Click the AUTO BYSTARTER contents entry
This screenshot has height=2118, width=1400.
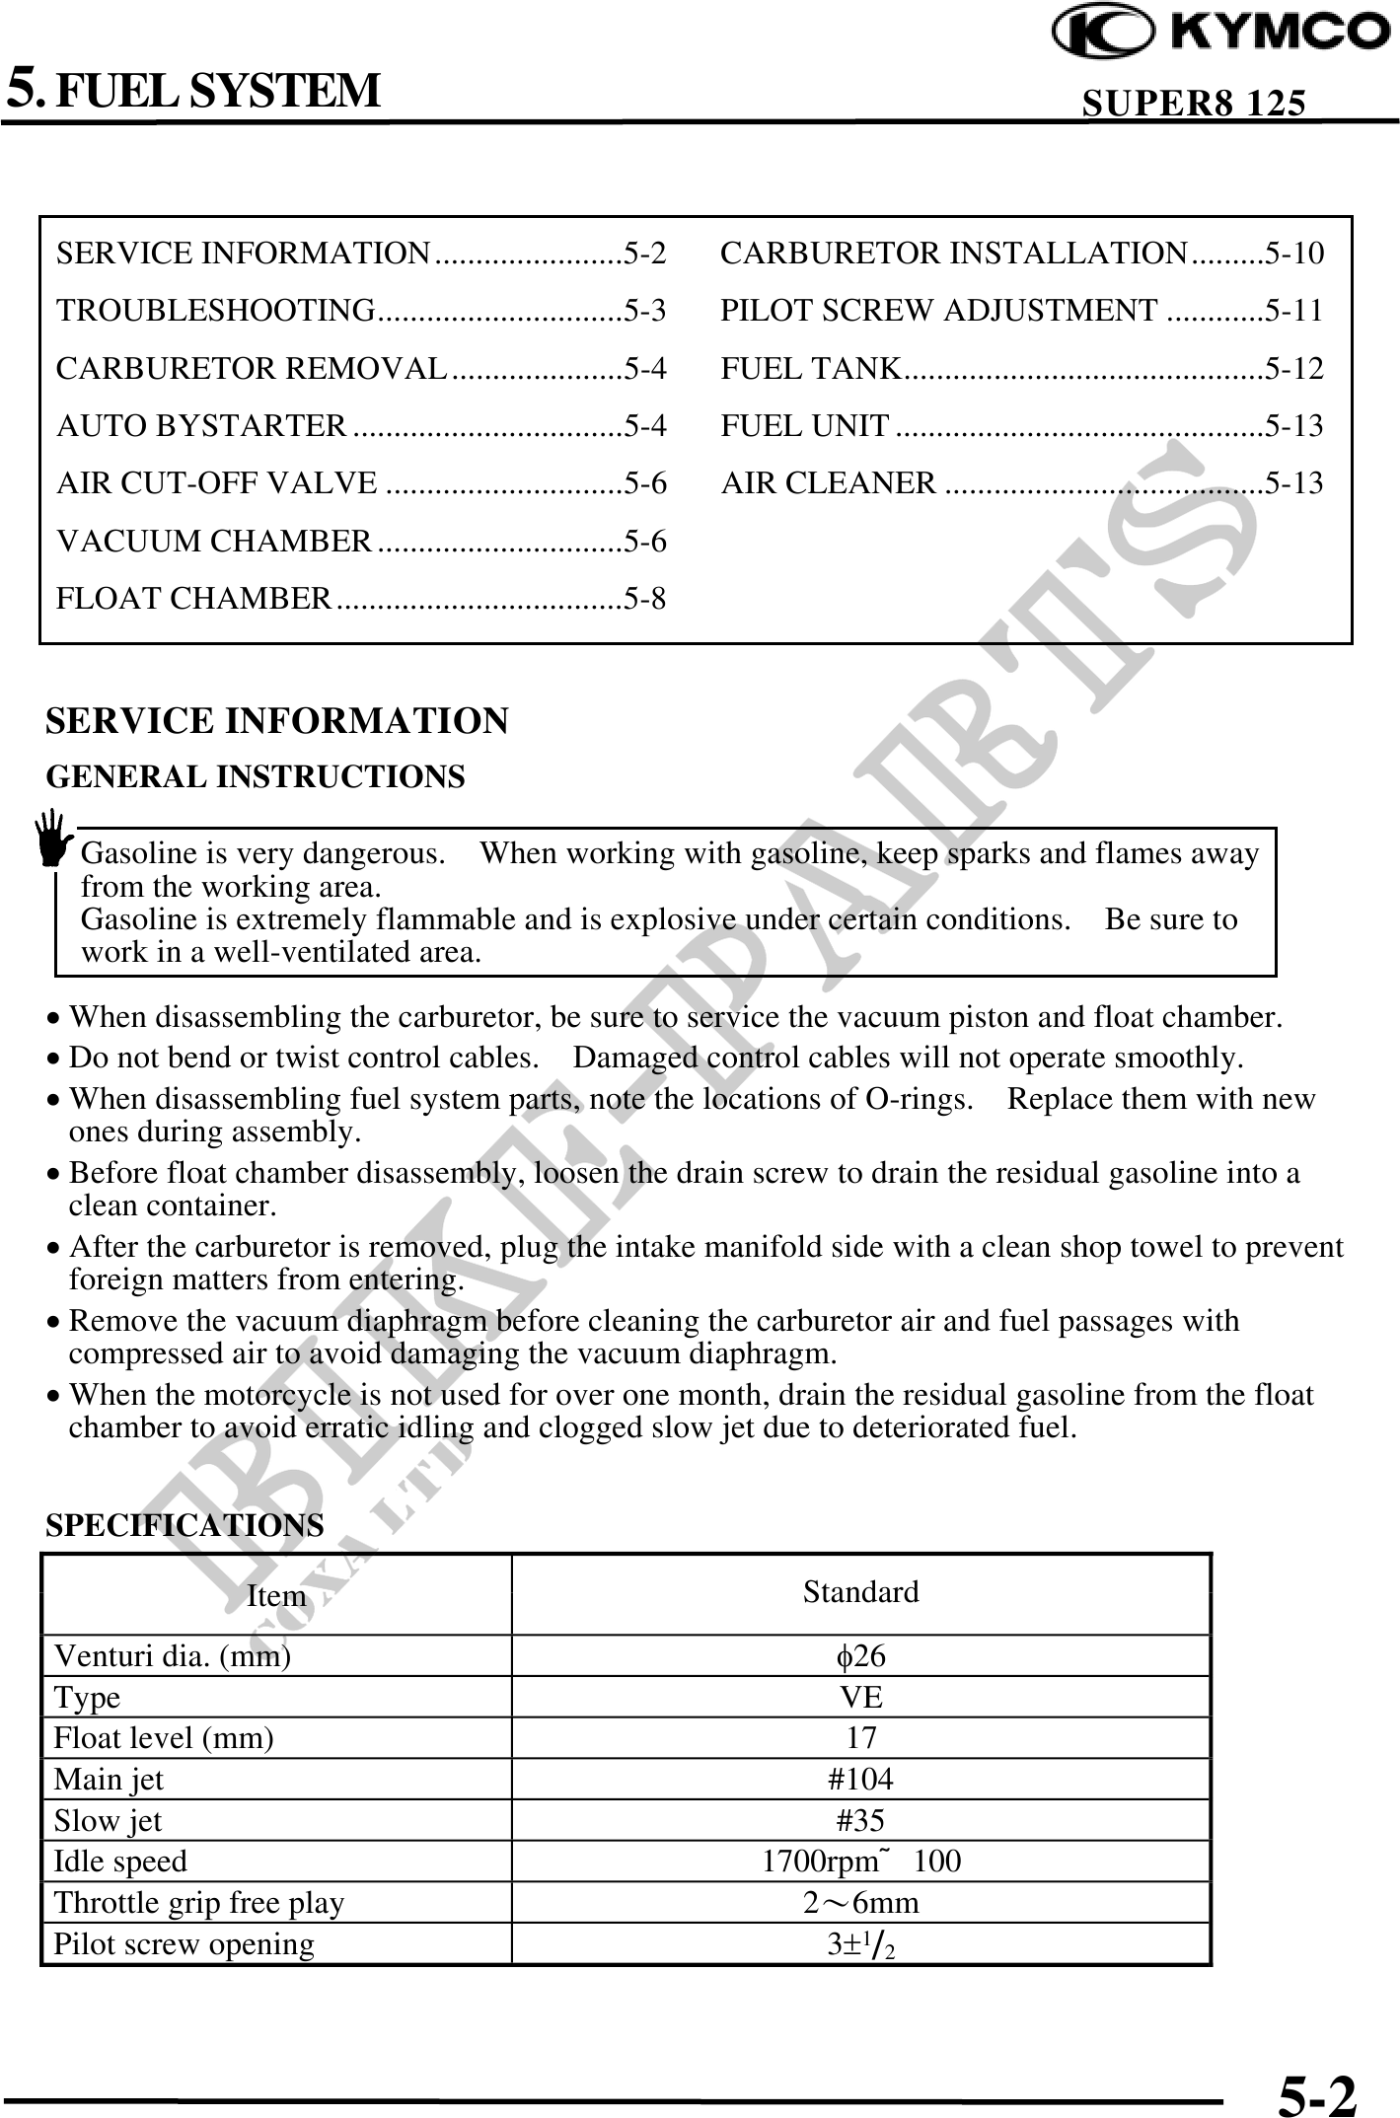[201, 425]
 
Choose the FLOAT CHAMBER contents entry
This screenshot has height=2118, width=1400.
[194, 598]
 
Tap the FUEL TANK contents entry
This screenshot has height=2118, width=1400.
[810, 368]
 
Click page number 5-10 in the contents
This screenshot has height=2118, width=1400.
[1294, 254]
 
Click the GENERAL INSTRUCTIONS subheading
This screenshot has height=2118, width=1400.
[256, 777]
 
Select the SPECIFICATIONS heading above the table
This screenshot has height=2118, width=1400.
[184, 1525]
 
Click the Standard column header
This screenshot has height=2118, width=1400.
[860, 1591]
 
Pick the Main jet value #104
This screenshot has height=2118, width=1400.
[860, 1779]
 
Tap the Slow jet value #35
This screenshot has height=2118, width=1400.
[860, 1820]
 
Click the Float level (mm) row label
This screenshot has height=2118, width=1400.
[164, 1737]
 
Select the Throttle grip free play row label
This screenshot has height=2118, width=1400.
[199, 1902]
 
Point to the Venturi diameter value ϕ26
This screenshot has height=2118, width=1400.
[860, 1655]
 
